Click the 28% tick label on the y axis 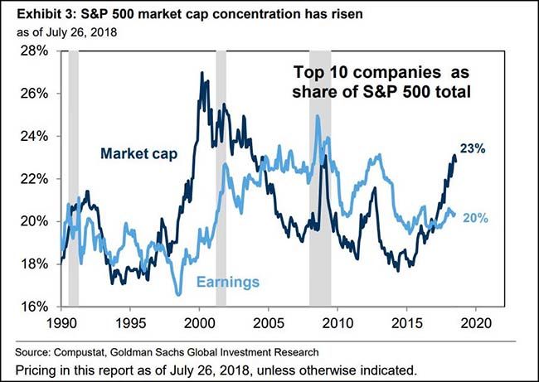point(35,51)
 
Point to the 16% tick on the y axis point(35,306)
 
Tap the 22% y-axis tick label point(35,178)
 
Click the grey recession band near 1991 point(73,178)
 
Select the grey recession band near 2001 point(221,178)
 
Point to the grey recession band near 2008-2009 point(320,178)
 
